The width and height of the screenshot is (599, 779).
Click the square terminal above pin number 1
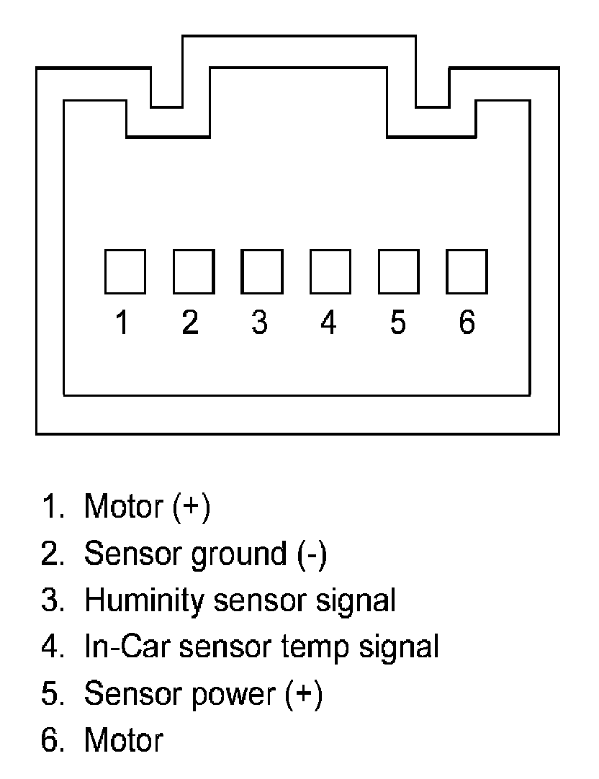pos(125,271)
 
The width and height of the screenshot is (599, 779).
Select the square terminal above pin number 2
pos(193,271)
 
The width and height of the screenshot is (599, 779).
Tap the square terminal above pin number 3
pos(261,271)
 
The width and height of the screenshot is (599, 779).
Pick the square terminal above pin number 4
pos(330,271)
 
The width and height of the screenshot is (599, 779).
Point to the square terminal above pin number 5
pos(398,271)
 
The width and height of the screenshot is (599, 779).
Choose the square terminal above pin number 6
pos(467,271)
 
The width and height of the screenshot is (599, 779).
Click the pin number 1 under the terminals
pos(122,323)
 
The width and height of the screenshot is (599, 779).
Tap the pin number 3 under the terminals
pos(259,323)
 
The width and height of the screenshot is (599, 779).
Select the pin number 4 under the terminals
pos(328,323)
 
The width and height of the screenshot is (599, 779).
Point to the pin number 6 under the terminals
pos(467,323)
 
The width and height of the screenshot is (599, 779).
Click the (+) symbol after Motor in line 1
pos(191,507)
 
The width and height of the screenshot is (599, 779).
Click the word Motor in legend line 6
pos(123,739)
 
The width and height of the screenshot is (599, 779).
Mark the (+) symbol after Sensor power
pos(303,693)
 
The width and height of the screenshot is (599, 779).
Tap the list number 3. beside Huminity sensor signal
pos(53,600)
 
